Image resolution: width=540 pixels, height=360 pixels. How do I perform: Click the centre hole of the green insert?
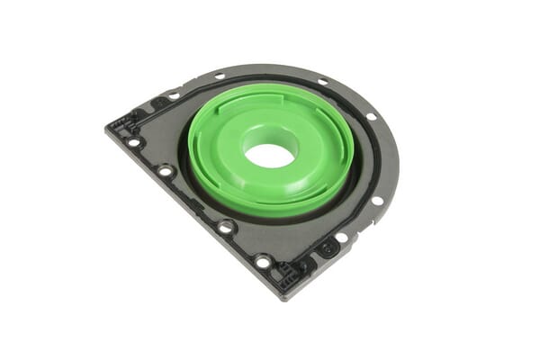click(269, 155)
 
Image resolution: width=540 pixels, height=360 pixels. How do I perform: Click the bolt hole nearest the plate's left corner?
click(134, 141)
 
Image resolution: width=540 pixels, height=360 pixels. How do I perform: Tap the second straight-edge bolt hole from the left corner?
click(165, 170)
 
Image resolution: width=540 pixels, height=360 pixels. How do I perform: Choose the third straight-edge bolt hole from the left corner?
click(225, 228)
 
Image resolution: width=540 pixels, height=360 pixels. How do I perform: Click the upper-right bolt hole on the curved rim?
click(371, 116)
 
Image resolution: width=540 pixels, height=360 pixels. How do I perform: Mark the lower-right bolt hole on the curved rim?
click(377, 201)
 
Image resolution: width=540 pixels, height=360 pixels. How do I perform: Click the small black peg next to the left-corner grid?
click(136, 114)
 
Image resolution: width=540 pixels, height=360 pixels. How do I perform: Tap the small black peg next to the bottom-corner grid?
click(307, 266)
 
